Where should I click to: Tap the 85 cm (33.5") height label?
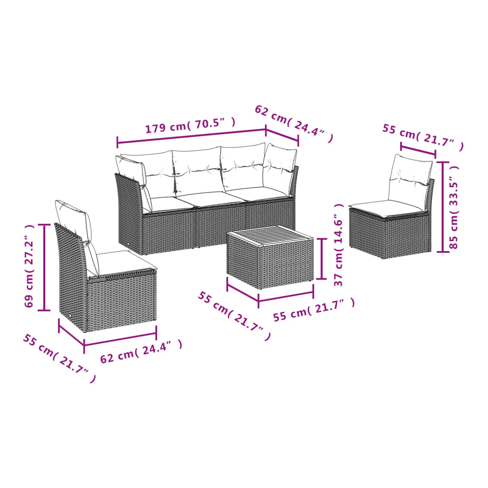pos(454,207)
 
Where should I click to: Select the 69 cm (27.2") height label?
pos(29,266)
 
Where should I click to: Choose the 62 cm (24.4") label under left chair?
pos(141,351)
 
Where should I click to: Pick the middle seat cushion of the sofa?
pos(211,199)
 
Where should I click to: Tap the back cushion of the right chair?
pos(410,181)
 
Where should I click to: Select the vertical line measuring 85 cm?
pos(443,207)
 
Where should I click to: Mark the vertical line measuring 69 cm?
pos(44,268)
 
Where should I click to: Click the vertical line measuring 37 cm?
pos(321,259)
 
